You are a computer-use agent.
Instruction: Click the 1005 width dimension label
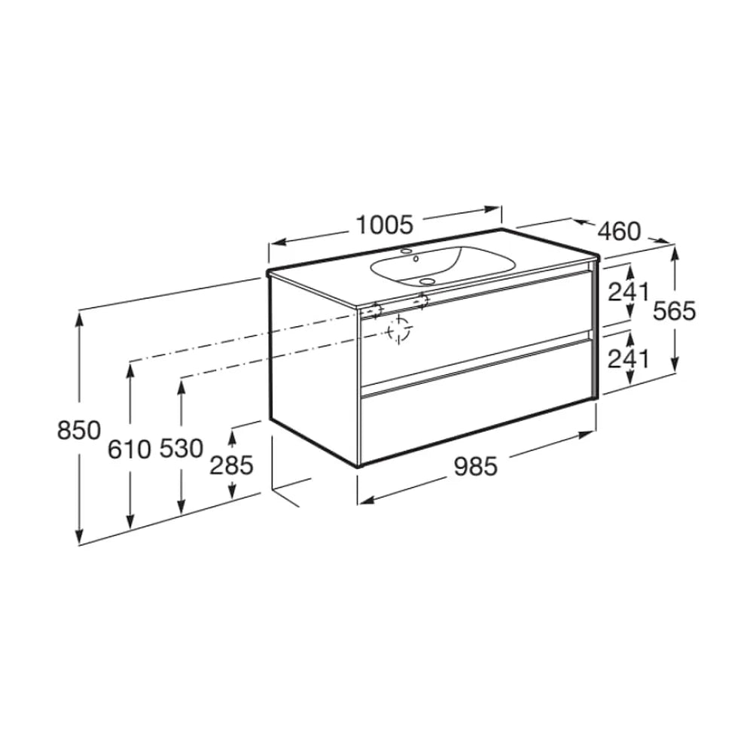point(384,224)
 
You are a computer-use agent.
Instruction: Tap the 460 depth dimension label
point(619,231)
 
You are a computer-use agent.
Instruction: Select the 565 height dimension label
point(674,311)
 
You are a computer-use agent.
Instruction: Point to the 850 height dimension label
point(79,430)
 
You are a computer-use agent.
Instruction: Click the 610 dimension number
point(130,450)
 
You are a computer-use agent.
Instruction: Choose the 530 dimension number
point(181,449)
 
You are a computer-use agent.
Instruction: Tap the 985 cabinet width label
point(476,466)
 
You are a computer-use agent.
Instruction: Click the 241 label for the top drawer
point(628,292)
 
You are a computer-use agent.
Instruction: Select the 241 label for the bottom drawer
point(628,358)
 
